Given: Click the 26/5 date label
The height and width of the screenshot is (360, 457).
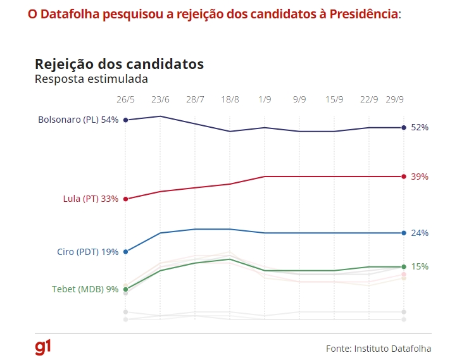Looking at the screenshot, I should [x=125, y=99].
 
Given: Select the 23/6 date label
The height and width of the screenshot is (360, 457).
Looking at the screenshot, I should [x=160, y=99].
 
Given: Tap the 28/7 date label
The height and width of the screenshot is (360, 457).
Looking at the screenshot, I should [x=195, y=99].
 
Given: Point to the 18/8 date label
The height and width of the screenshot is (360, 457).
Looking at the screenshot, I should [x=230, y=99].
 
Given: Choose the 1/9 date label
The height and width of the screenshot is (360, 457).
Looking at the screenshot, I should [x=265, y=99].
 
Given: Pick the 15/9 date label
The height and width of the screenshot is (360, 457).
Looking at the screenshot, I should [x=334, y=99].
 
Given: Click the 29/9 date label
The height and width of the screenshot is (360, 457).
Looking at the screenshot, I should [x=396, y=99].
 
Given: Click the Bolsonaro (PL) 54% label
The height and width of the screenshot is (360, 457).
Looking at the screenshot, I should [x=78, y=120].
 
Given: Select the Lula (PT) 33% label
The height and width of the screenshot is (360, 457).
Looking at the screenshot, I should [x=91, y=199].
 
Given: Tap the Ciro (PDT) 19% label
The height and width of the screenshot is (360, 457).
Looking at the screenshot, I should [x=87, y=252].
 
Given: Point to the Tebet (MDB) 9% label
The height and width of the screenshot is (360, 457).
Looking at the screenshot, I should [x=85, y=289].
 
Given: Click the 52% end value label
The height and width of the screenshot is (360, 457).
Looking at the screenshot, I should [x=420, y=127].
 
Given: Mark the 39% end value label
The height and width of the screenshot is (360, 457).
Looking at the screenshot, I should [x=420, y=177].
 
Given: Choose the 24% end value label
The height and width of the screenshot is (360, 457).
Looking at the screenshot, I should [x=420, y=233].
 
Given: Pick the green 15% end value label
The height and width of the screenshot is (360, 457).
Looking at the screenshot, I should [x=420, y=266].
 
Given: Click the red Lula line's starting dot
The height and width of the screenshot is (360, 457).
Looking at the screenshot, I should [x=126, y=199].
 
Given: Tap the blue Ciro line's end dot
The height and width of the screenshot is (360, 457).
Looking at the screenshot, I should [x=404, y=233].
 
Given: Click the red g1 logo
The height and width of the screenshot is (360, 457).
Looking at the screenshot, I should [x=43, y=347].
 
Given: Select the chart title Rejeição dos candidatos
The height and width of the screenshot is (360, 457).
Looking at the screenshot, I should [x=119, y=65].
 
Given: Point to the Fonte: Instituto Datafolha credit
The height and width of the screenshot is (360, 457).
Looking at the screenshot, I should [x=379, y=348].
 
